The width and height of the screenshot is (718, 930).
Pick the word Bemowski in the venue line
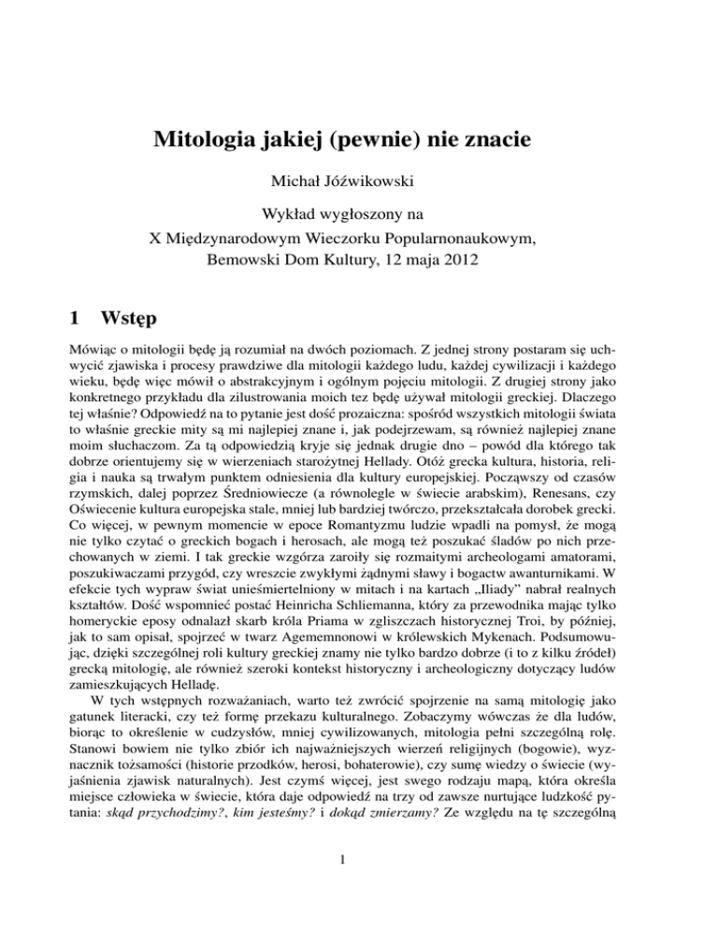(243, 264)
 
